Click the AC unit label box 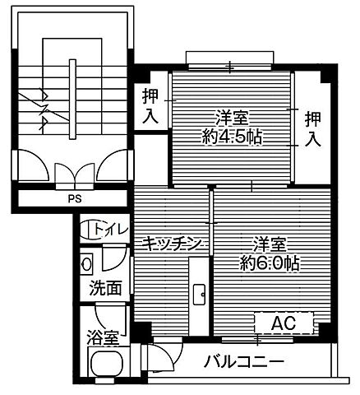pos(284,321)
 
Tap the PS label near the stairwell pos(76,198)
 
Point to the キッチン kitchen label pos(171,243)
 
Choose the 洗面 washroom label pos(106,288)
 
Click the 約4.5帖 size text pos(230,137)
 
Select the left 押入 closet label pos(149,105)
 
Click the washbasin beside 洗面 pos(87,265)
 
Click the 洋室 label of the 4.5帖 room pos(232,118)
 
